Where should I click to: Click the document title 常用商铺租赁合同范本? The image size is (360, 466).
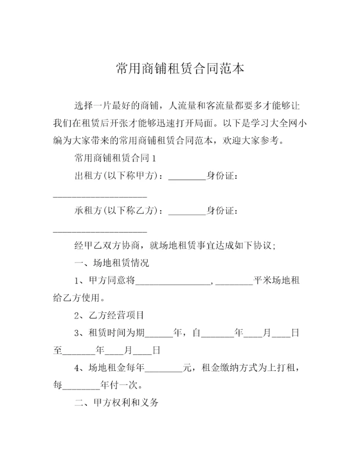point(180,68)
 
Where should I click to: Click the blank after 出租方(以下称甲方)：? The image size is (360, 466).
point(187,176)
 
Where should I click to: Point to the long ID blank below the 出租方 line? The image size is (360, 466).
point(99,195)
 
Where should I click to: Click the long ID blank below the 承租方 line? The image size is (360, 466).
point(99,230)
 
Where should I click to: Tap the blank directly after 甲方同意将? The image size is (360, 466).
point(174,281)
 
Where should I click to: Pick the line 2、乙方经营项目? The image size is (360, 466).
point(109,315)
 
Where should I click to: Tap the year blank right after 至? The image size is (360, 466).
point(78,351)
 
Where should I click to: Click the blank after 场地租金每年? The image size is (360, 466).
point(163,368)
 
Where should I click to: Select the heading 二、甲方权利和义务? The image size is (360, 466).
point(116,403)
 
